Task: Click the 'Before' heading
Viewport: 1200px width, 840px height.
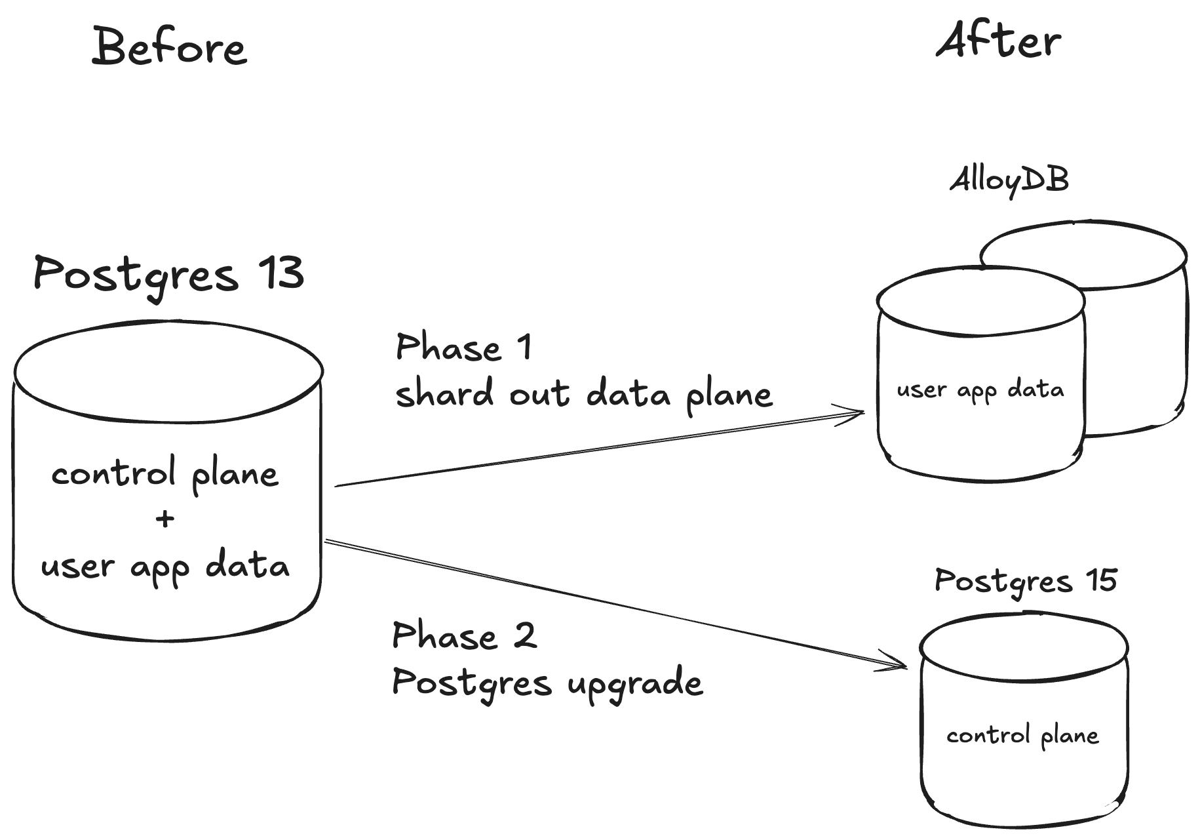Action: click(x=169, y=47)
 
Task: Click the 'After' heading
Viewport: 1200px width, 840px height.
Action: click(x=998, y=41)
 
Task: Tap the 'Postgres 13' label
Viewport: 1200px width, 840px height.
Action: click(x=168, y=275)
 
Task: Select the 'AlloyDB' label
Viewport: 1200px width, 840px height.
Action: click(x=1009, y=180)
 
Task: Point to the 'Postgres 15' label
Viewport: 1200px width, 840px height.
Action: click(x=1025, y=581)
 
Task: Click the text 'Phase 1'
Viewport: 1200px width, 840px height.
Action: click(x=463, y=347)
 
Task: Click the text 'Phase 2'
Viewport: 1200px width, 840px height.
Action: click(x=464, y=636)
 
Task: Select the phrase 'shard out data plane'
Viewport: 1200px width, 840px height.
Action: click(x=583, y=395)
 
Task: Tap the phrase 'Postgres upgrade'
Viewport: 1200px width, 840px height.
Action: click(x=547, y=683)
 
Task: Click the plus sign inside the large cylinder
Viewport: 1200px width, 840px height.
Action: click(x=165, y=519)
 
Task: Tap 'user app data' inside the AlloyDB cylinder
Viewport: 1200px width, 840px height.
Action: click(x=980, y=390)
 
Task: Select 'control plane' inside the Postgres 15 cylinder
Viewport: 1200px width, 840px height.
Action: click(x=1022, y=736)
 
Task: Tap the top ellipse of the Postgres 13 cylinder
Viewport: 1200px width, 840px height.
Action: click(x=168, y=370)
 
